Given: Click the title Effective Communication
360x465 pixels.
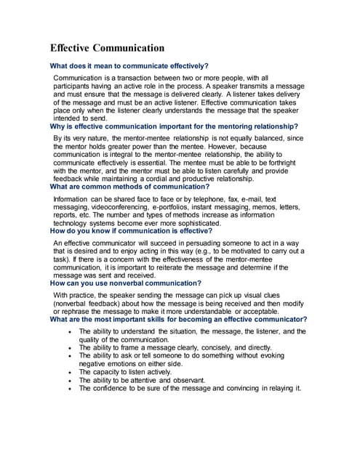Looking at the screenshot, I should point(107,48).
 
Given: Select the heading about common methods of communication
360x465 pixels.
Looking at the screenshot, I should point(120,187).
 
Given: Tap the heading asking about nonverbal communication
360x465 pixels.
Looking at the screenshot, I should point(126,283).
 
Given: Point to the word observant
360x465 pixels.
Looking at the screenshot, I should point(185,380).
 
